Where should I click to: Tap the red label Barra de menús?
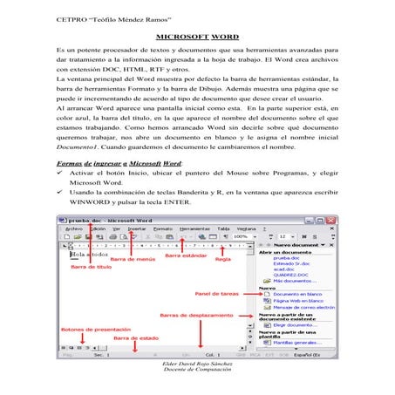point(131,258)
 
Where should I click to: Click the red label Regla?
point(223,258)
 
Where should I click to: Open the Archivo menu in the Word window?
point(73,228)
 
